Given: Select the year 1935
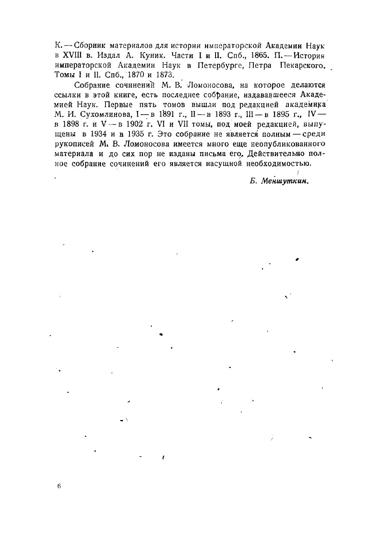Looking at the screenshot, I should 136,134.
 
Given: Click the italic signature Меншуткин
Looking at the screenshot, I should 285,181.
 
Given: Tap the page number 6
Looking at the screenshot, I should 59,486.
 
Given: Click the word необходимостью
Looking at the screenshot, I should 279,163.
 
